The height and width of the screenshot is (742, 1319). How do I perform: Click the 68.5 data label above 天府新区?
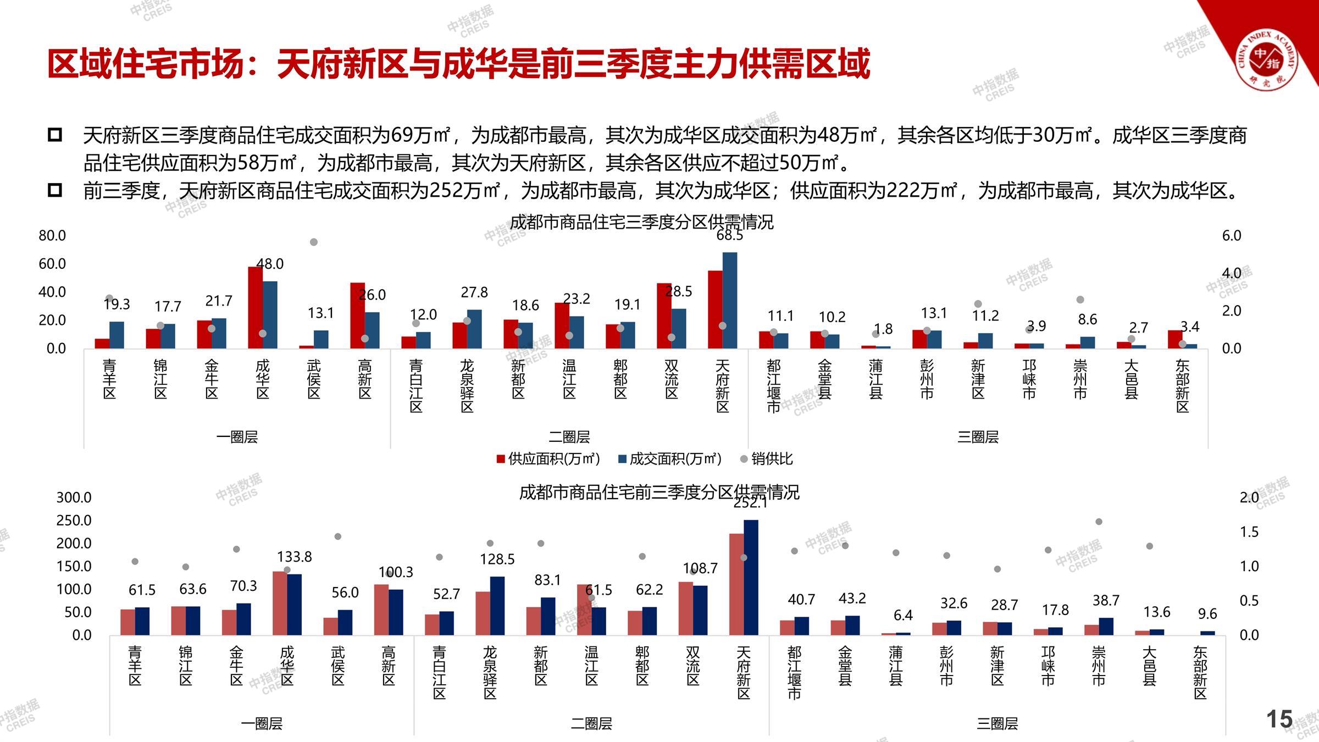730,236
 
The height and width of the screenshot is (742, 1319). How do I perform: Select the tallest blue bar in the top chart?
730,300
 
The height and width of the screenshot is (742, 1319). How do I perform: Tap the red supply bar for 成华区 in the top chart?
255,307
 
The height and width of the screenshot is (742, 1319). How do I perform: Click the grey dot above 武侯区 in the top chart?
314,242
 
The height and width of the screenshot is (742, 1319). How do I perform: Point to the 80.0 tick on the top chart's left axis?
52,236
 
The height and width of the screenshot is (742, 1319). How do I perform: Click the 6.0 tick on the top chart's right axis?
1232,236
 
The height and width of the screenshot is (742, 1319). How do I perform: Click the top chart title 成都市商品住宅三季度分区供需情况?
641,222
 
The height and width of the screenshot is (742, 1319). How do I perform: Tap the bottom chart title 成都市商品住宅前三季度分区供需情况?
659,492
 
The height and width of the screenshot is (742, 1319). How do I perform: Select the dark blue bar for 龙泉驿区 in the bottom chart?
497,606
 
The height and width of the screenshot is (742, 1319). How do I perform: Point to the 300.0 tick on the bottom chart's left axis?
74,498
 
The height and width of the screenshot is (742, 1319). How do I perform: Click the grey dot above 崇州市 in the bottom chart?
1099,522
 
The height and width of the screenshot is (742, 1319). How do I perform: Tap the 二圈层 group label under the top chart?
569,438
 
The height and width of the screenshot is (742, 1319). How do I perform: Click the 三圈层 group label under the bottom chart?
997,724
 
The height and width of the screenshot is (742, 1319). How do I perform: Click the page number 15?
1279,719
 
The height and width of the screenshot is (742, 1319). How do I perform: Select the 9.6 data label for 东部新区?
1207,614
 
